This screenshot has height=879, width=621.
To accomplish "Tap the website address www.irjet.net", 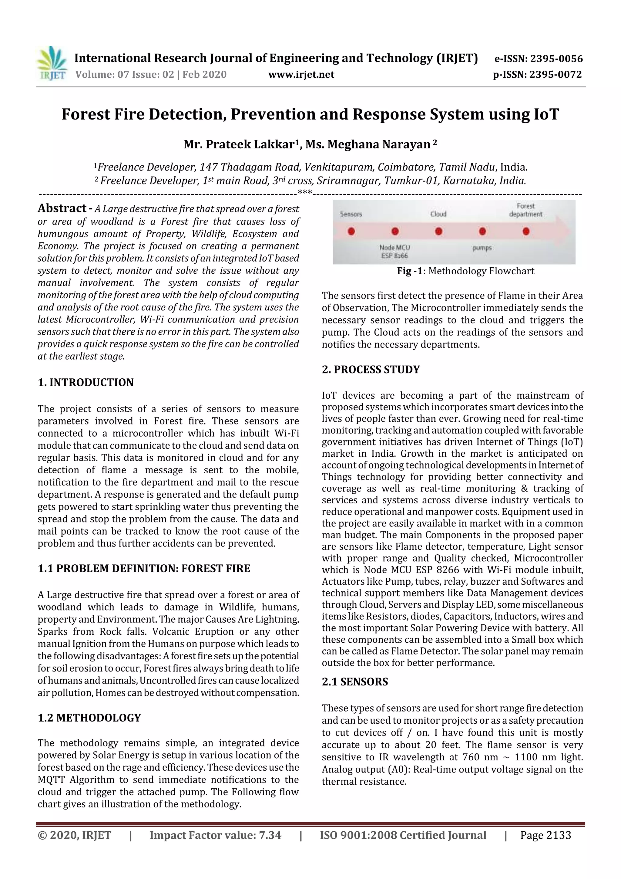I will (x=301, y=74).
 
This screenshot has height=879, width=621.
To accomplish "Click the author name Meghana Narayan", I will (x=379, y=144).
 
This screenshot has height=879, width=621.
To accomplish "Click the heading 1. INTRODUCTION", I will (x=86, y=382).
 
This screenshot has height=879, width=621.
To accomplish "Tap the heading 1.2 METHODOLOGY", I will (x=89, y=718).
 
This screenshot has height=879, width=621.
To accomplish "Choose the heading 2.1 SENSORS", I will (x=355, y=681).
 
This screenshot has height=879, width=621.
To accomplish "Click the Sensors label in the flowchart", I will (x=351, y=214).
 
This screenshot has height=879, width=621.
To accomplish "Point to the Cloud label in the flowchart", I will (x=438, y=214).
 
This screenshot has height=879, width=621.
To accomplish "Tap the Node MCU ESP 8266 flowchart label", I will (x=394, y=252).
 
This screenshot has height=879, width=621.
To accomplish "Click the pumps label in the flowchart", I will (x=482, y=248).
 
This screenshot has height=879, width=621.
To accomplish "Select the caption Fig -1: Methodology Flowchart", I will (x=465, y=271).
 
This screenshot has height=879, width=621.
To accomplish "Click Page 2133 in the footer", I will (x=545, y=835).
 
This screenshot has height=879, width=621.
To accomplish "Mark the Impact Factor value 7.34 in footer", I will (x=215, y=835).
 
